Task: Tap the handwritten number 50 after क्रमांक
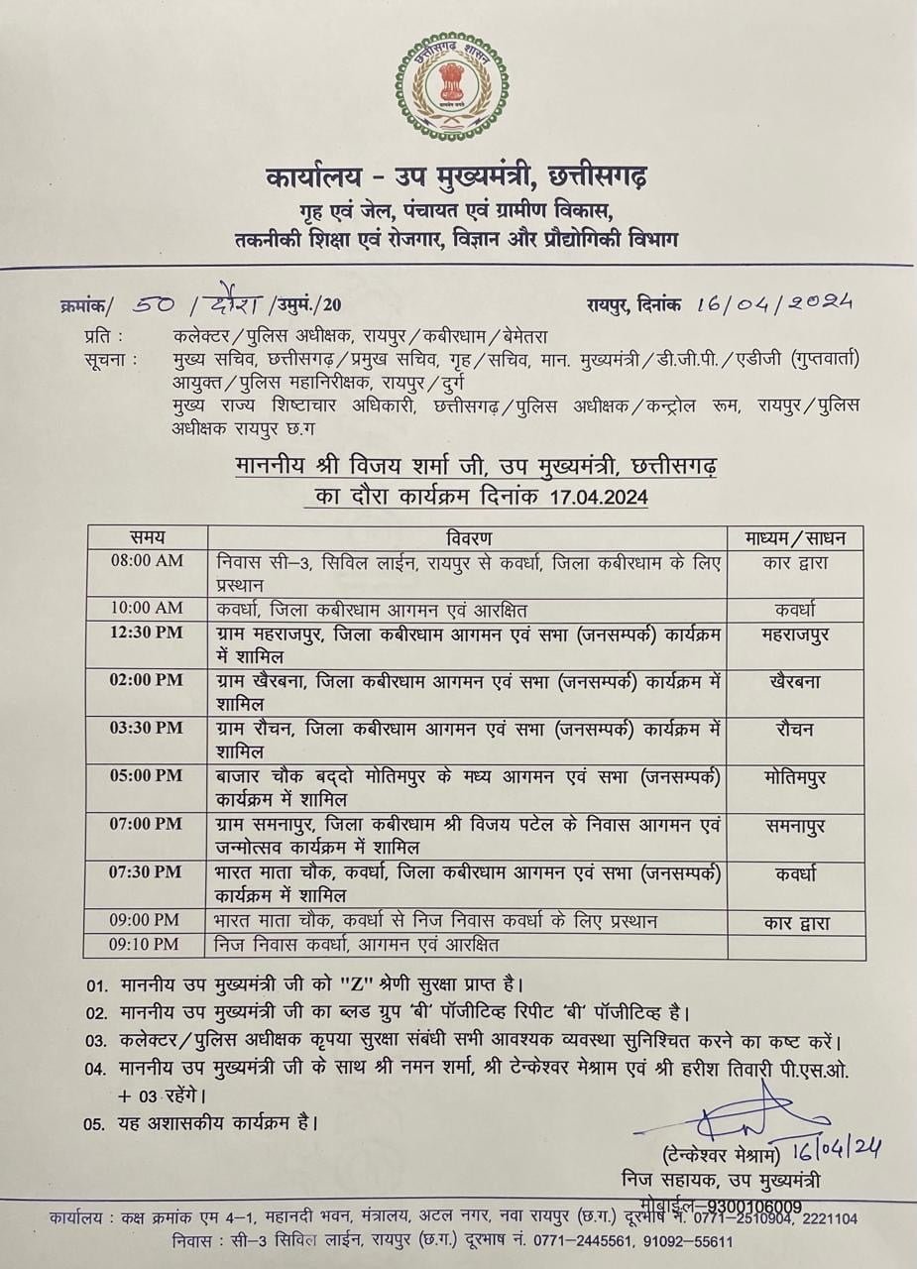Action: [158, 303]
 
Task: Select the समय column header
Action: [147, 537]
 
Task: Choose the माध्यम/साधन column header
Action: [795, 537]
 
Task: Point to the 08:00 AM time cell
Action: [147, 561]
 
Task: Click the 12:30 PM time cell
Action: [147, 634]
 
